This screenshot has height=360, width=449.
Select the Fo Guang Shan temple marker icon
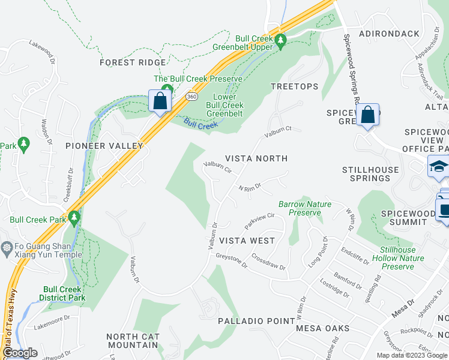[7, 247]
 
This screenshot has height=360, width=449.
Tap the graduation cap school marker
[439, 167]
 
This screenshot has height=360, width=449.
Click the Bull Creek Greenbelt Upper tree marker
[280, 41]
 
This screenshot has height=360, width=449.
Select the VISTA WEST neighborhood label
[247, 241]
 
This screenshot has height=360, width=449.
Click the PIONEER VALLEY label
[104, 146]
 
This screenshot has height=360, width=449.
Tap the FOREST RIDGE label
[133, 62]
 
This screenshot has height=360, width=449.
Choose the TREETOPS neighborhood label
[294, 86]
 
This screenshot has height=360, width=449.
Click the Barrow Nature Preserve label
[305, 208]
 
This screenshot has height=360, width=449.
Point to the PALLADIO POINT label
[256, 321]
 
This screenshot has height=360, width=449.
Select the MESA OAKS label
[323, 328]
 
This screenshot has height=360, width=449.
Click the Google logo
[20, 353]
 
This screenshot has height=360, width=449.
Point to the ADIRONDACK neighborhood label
[390, 34]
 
